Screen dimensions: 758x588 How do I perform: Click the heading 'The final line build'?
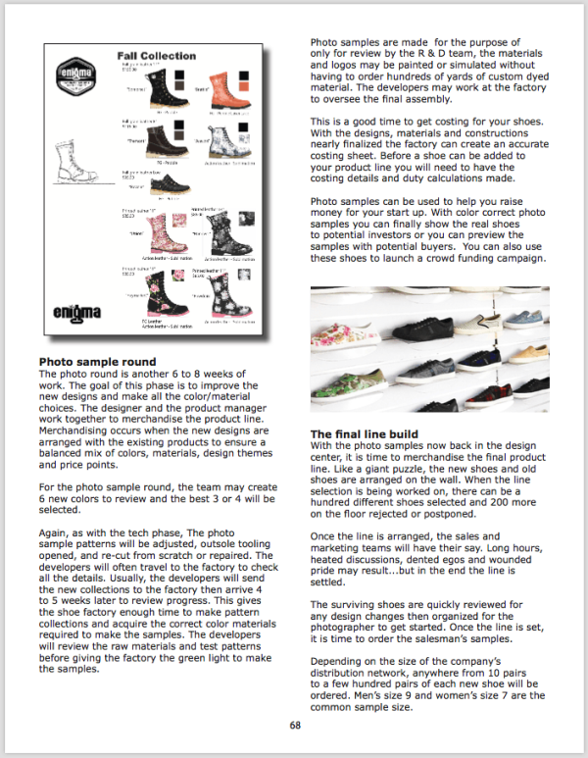click(365, 433)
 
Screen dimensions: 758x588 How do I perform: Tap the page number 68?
click(294, 726)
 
